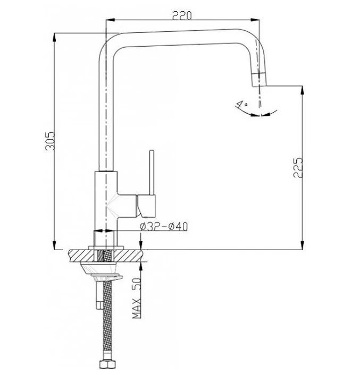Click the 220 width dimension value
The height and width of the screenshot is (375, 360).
182,15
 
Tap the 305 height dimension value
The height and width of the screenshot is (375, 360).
50,141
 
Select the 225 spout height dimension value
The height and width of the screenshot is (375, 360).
298,168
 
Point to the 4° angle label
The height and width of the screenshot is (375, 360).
241,104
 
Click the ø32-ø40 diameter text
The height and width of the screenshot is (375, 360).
164,226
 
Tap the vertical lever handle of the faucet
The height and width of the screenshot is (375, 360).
152,173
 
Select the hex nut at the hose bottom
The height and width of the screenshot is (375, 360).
107,364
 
